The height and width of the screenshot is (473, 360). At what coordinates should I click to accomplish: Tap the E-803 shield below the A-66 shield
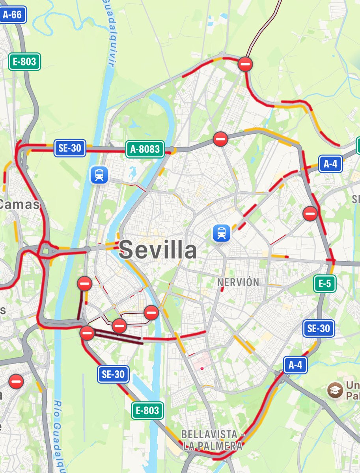pos(24,62)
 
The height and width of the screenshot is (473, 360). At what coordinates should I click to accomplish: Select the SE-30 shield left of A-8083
pos(69,148)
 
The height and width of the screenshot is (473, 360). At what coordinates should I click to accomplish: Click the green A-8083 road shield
pos(145,149)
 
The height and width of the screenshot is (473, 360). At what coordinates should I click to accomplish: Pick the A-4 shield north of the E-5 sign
pos(330,164)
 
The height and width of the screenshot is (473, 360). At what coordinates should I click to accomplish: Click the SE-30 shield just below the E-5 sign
pos(319,329)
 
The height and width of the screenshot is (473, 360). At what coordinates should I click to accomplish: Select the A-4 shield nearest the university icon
pos(295,365)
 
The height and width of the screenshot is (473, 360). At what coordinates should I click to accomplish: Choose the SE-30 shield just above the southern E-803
pos(113,374)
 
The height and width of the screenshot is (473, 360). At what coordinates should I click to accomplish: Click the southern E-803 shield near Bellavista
pos(147,411)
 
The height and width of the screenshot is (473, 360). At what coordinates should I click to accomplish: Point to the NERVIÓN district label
pos(238,282)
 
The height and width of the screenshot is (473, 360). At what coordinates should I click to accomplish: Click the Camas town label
pos(20,204)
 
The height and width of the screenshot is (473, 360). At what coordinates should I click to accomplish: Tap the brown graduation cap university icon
pos(335,390)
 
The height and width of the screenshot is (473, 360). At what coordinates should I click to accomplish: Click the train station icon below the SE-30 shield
pos(99,175)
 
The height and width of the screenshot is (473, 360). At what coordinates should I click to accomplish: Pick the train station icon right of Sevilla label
pos(221,233)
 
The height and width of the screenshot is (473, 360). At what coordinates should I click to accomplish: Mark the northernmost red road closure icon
pos(245,64)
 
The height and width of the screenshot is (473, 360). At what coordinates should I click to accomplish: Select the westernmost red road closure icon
pos(16,381)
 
